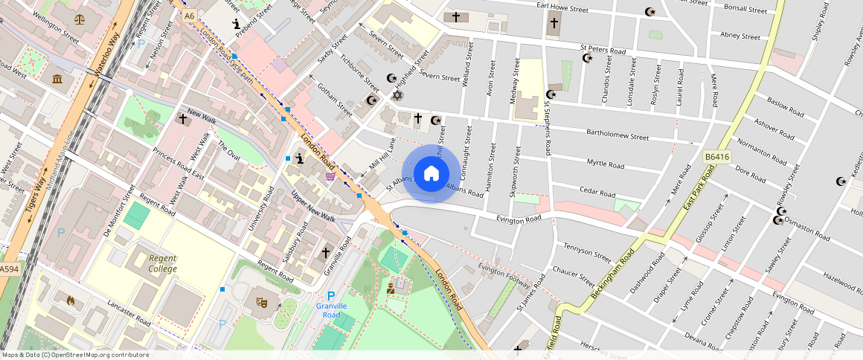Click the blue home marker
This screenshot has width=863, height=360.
tap(431, 173)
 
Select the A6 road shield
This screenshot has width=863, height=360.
tap(189, 15)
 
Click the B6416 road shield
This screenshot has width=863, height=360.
tap(716, 158)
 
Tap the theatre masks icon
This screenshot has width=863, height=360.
tap(262, 303)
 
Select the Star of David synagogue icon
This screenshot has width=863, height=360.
tap(397, 95)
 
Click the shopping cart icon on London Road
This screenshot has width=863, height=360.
tap(330, 176)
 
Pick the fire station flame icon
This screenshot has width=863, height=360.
tap(71, 300)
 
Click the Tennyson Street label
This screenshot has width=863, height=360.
tap(588, 251)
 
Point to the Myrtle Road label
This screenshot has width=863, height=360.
tap(607, 162)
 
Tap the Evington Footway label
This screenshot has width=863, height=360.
tap(503, 274)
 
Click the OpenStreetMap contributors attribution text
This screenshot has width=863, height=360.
tap(74, 355)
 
